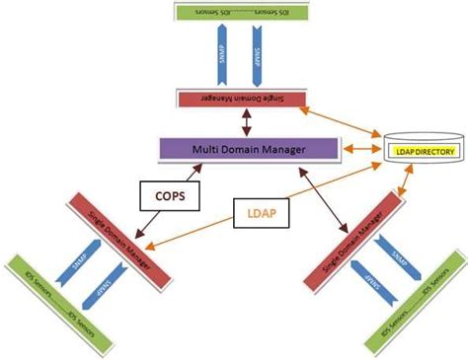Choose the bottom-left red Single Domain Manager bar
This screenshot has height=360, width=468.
point(110,242)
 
